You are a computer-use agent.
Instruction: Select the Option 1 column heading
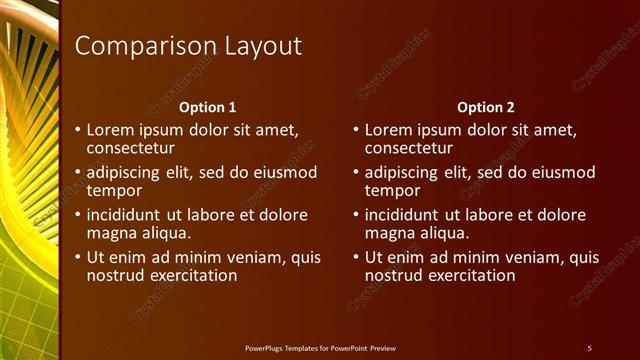point(208,107)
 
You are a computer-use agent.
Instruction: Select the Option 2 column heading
point(486,107)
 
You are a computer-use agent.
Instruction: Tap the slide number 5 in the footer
point(589,347)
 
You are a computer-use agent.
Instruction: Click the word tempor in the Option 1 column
point(114,190)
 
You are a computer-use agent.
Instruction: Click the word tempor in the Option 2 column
point(392,190)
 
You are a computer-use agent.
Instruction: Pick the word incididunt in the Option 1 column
point(127,215)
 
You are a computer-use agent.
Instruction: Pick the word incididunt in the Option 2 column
point(405,215)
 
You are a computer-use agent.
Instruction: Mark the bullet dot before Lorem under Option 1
point(78,130)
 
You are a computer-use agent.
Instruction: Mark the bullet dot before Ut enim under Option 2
point(356,258)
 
